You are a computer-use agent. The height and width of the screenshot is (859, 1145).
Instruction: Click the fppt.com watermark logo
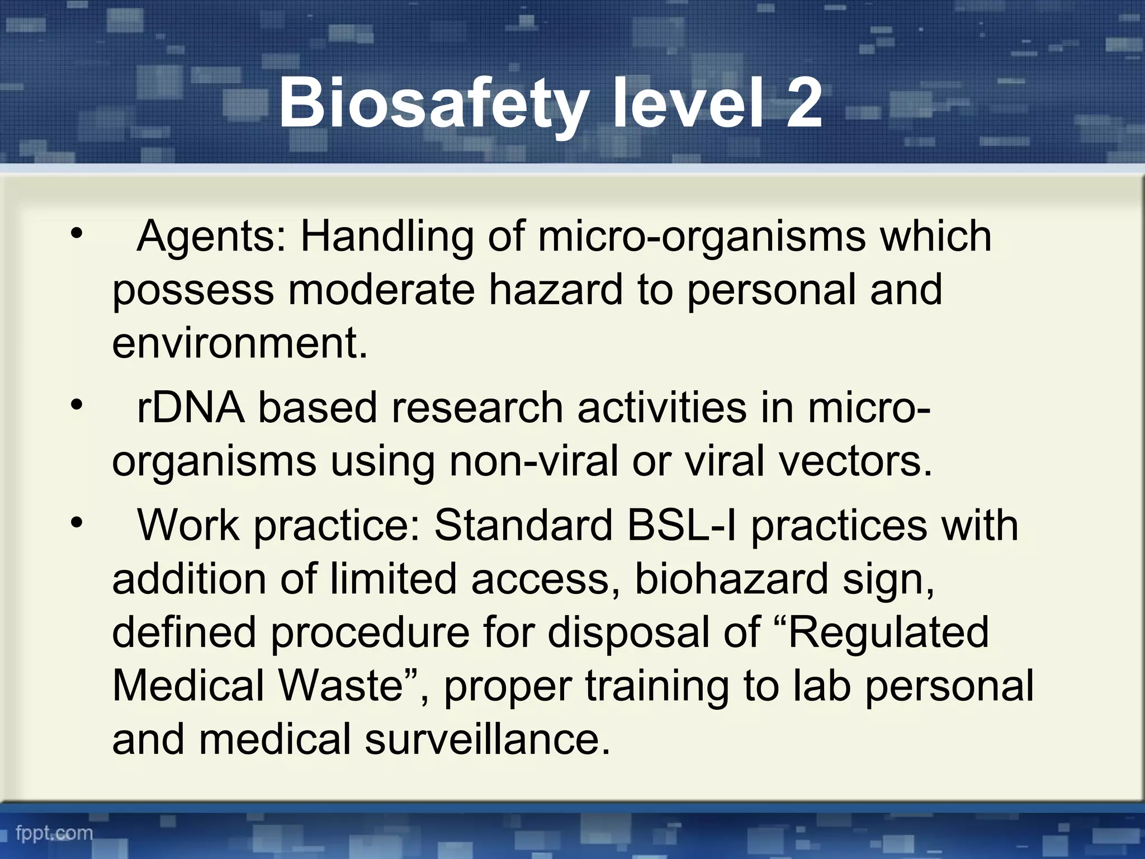click(54, 833)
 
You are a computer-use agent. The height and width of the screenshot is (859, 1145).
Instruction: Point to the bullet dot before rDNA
click(77, 404)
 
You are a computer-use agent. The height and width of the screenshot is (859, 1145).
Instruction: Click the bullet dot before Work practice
click(77, 522)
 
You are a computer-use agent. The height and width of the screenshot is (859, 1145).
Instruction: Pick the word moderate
click(381, 290)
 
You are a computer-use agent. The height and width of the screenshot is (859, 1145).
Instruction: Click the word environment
click(239, 343)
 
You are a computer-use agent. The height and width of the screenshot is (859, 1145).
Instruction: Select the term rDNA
click(191, 408)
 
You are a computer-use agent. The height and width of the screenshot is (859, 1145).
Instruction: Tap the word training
click(657, 687)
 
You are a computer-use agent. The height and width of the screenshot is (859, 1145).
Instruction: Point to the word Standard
click(523, 526)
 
